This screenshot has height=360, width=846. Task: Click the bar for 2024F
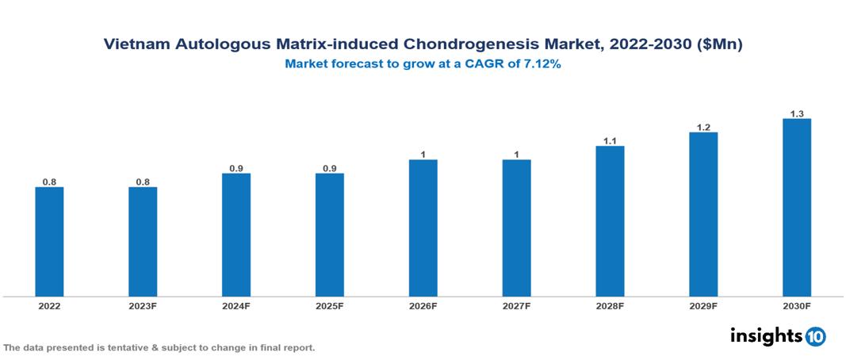236,235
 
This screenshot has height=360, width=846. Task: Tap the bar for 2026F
423,228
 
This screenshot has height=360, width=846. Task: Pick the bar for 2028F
610,221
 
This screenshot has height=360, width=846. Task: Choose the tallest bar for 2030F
797,208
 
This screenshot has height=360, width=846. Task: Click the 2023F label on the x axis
143,306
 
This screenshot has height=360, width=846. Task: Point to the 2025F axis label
330,306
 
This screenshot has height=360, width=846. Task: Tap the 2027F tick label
516,306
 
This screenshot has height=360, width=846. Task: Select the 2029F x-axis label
703,306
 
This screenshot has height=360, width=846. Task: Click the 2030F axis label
797,306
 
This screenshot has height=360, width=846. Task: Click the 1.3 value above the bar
797,113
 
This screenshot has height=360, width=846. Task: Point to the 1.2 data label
703,127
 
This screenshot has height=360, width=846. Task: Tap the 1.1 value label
610,140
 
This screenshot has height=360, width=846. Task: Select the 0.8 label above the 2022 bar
49,182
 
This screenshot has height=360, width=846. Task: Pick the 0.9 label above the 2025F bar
330,168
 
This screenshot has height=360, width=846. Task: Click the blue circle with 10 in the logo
815,336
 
